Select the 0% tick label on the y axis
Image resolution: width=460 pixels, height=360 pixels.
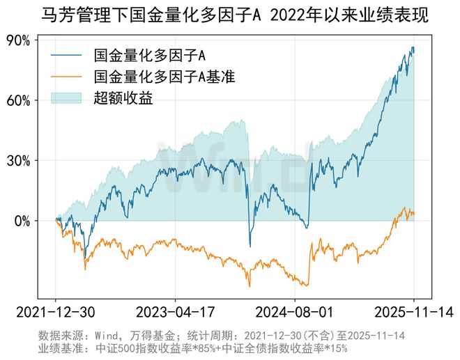click(x=22, y=221)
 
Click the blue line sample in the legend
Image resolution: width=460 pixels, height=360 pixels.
click(x=67, y=54)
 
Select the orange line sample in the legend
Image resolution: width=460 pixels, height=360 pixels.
click(x=67, y=76)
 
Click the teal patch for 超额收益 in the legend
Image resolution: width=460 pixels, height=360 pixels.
click(x=67, y=97)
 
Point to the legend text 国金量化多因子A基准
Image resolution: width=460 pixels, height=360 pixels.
click(x=164, y=76)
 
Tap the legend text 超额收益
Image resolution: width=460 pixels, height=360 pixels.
click(x=123, y=97)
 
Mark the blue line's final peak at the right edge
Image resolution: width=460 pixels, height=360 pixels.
click(x=413, y=47)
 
